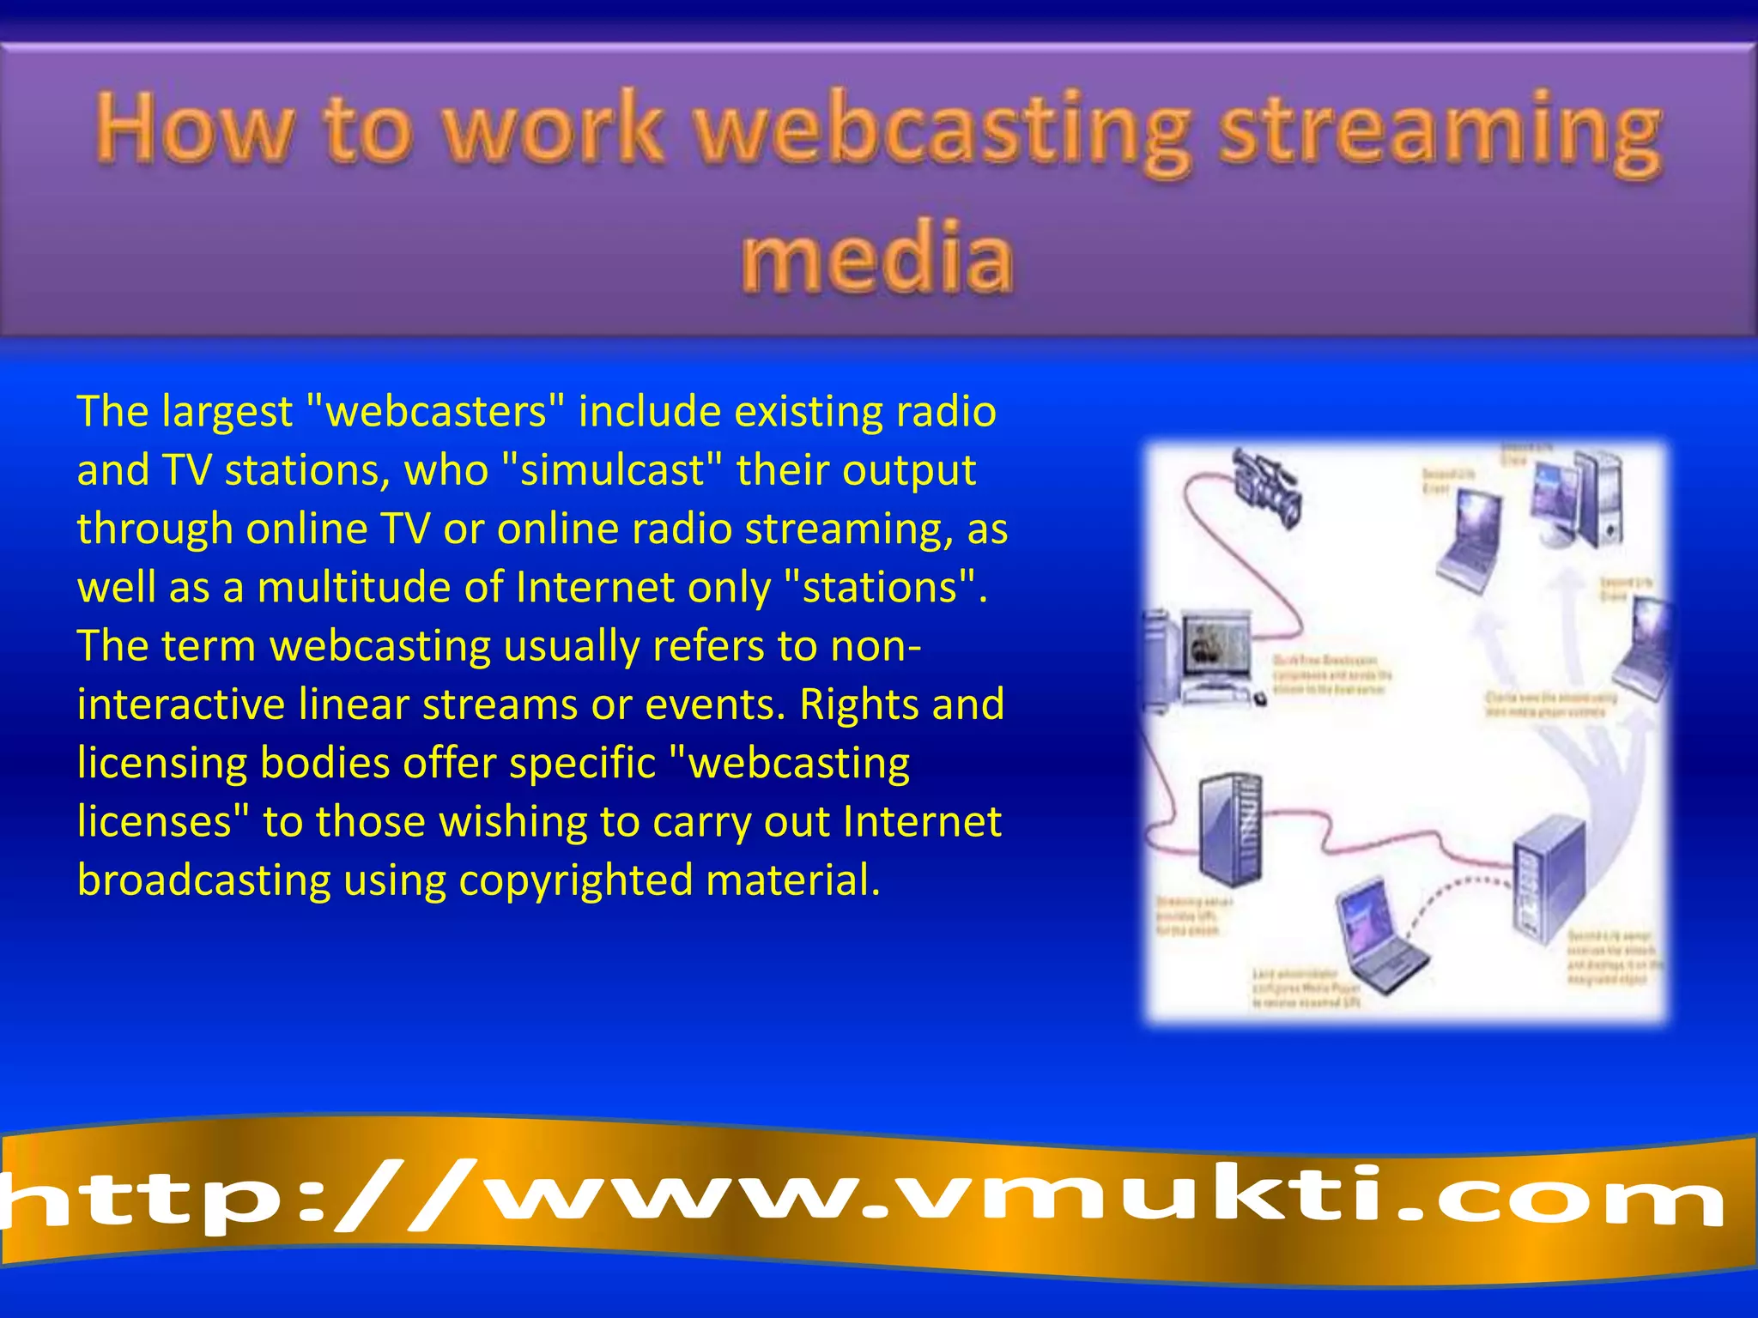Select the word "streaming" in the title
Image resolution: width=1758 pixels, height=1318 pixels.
pyautogui.click(x=1440, y=130)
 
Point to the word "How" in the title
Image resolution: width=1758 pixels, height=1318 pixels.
pyautogui.click(x=194, y=129)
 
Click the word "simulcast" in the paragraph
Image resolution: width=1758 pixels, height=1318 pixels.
pyautogui.click(x=612, y=470)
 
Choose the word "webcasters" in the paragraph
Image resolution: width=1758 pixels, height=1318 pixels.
pyautogui.click(x=438, y=411)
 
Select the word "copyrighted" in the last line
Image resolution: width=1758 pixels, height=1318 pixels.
pyautogui.click(x=575, y=880)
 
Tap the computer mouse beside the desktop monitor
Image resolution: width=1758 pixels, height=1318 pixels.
pyautogui.click(x=1259, y=700)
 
